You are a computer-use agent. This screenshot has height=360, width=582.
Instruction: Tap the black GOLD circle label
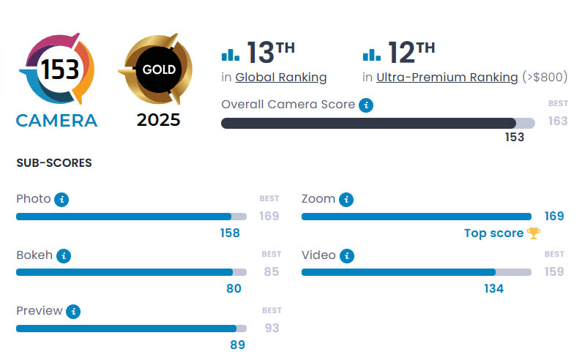click(159, 71)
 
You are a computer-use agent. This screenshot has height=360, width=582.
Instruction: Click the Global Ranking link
click(281, 78)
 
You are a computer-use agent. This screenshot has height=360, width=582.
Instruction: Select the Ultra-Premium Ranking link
click(447, 78)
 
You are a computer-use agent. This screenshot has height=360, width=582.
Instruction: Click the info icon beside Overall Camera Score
click(367, 105)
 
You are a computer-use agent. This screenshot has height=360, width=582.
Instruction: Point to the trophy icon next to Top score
click(534, 233)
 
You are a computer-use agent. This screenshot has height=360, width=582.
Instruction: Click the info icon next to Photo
click(61, 199)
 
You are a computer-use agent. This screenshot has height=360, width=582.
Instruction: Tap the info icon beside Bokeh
click(64, 255)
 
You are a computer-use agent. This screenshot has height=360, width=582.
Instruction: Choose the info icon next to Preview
click(72, 311)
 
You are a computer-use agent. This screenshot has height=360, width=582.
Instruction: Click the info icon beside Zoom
click(346, 199)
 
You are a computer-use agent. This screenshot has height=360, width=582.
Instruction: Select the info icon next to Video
click(346, 255)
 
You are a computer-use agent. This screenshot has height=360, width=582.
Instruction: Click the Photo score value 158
click(229, 233)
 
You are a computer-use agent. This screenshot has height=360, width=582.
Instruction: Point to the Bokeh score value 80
click(234, 288)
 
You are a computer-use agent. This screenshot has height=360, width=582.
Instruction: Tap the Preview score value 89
click(236, 345)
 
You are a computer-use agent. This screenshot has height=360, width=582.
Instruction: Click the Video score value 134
click(493, 288)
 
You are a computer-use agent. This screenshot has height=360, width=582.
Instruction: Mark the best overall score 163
click(558, 121)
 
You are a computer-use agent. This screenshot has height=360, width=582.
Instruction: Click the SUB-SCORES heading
click(54, 163)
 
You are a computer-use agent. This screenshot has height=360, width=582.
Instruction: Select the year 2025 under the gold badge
click(158, 120)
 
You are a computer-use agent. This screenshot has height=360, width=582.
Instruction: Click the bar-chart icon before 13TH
click(231, 54)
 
